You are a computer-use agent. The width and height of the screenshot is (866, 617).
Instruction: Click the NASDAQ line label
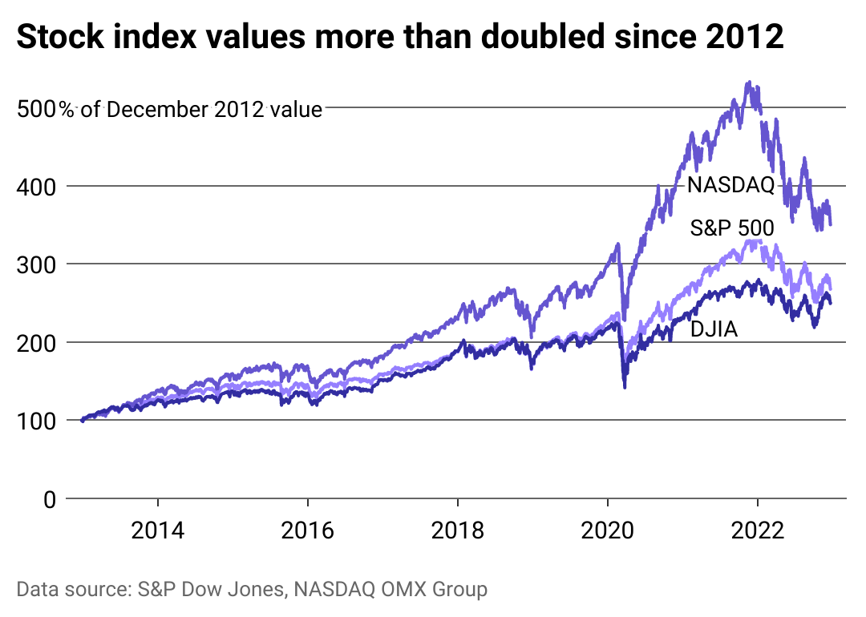[x=730, y=187]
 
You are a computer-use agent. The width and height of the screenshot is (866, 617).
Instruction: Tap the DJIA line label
[x=714, y=328]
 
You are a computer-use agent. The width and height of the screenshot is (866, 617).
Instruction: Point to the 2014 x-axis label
[x=158, y=531]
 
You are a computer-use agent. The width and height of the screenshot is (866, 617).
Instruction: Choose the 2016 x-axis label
[x=308, y=531]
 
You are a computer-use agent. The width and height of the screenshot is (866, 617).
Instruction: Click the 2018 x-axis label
[x=457, y=531]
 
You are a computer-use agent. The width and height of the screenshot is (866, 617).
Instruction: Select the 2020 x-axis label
[x=607, y=531]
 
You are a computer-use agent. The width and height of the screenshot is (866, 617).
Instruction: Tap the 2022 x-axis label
[x=757, y=531]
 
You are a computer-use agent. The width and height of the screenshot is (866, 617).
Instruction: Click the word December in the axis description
[x=157, y=109]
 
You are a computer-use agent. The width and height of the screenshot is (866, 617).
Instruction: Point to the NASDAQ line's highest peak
[x=748, y=83]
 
